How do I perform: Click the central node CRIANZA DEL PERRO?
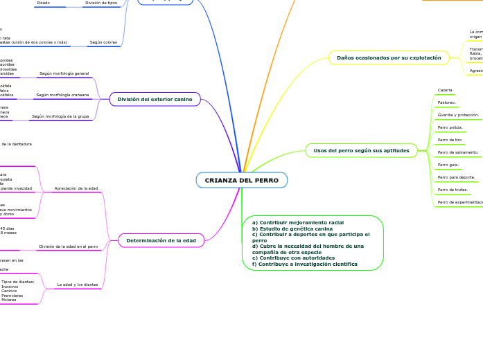coord(241,180)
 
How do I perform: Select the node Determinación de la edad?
coord(161,240)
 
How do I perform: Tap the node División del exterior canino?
coord(155,100)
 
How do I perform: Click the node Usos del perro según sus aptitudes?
coord(361,150)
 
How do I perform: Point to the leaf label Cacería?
coord(445,90)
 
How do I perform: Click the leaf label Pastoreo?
coord(447,102)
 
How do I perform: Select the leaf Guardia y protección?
coord(458,115)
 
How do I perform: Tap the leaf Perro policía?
coord(450,127)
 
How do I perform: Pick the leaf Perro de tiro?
coord(450,140)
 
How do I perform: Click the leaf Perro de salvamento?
coord(458,152)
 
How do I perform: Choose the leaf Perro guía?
coord(448,165)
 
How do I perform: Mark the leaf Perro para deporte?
coord(457,177)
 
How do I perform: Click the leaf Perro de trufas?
coord(453,190)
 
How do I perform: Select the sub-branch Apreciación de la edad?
coord(76,188)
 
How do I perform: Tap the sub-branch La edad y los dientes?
coord(78,285)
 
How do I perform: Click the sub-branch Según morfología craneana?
coord(62,94)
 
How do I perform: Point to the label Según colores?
coord(103,42)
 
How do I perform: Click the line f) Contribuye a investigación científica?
coord(305,264)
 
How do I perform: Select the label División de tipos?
coord(101,3)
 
